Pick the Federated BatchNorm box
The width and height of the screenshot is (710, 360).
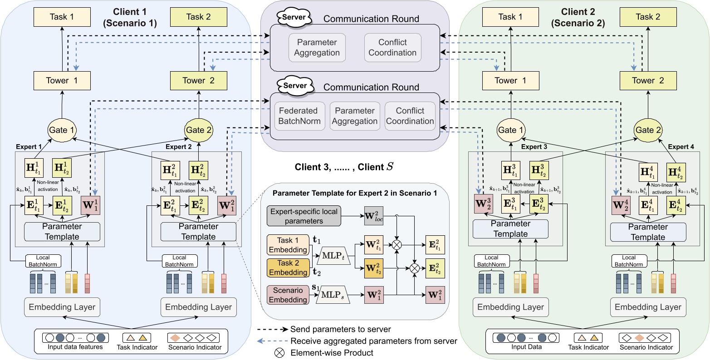click(x=299, y=116)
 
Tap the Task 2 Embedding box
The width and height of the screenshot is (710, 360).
click(x=288, y=267)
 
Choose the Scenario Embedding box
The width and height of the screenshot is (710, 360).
click(x=288, y=294)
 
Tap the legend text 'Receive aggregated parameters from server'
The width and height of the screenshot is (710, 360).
click(x=373, y=341)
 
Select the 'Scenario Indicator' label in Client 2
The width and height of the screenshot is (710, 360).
click(x=646, y=348)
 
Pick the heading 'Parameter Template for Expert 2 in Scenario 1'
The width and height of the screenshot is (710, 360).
click(x=355, y=193)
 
